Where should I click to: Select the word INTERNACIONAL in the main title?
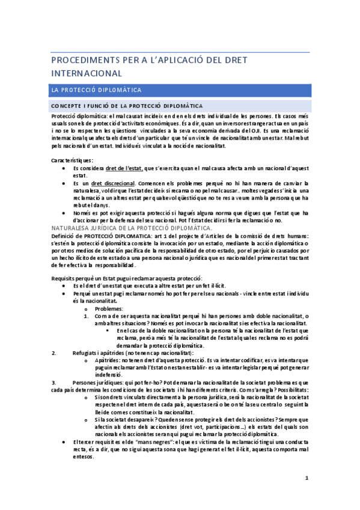click(88, 73)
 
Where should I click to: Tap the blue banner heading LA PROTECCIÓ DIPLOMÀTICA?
click(97, 90)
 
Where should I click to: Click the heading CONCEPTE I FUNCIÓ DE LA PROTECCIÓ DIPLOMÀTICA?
click(127, 106)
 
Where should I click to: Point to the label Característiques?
click(72, 161)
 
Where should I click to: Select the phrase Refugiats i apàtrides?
click(97, 352)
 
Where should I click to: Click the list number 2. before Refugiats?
click(55, 352)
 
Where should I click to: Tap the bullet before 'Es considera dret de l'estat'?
click(64, 169)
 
